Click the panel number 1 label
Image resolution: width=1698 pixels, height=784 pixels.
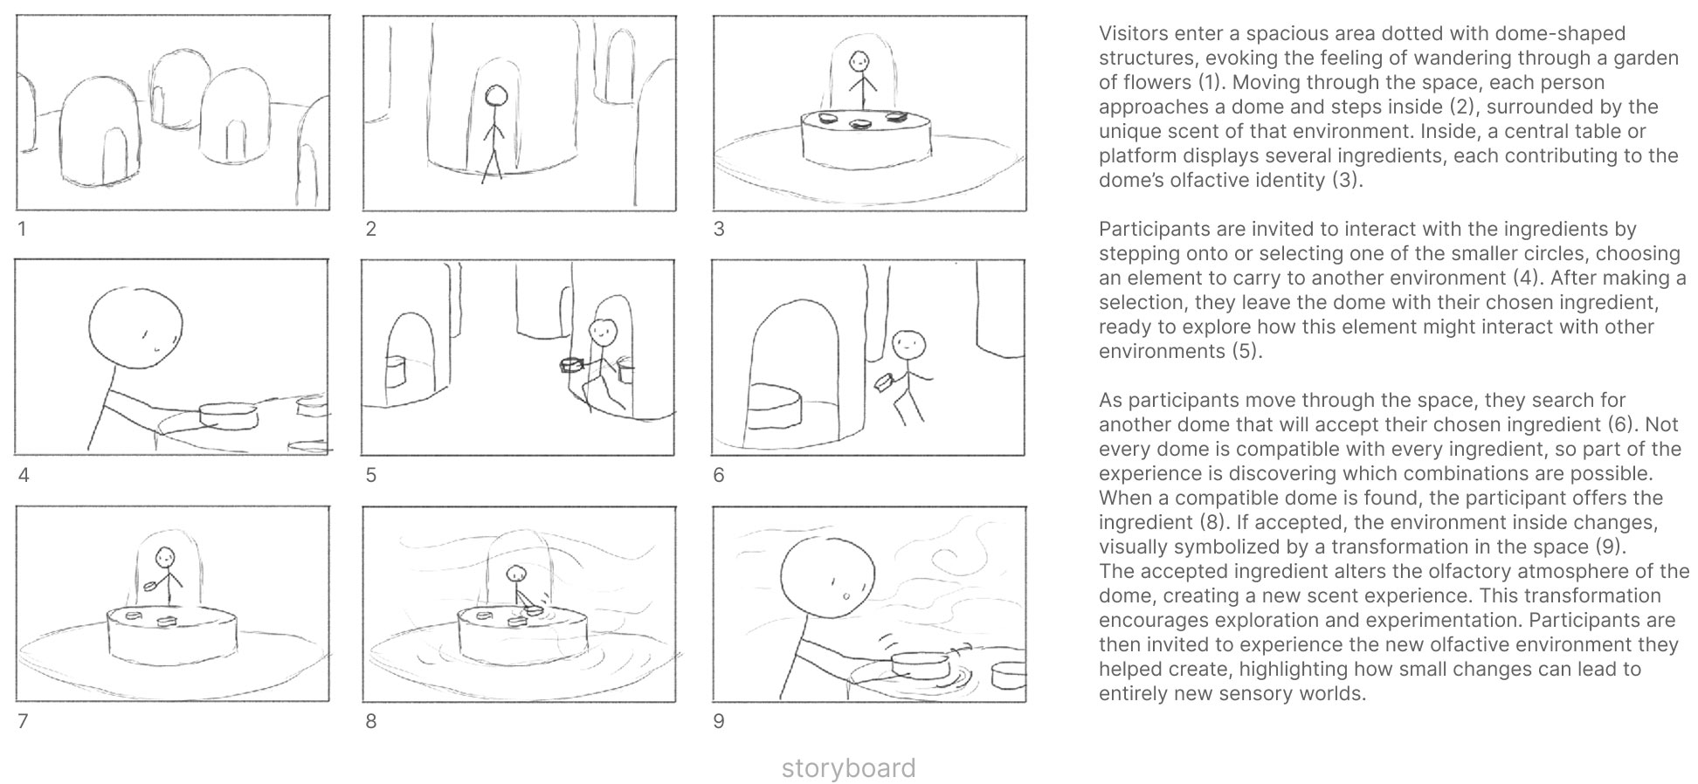(22, 230)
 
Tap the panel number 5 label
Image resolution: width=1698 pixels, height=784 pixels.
(370, 476)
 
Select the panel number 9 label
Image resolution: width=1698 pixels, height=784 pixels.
(718, 722)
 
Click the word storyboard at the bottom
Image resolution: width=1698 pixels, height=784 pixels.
(848, 768)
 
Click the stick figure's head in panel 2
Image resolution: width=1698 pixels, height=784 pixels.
(496, 95)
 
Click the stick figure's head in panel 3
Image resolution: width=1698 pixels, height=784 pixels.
(860, 61)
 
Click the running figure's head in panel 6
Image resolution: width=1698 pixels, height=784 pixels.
(908, 343)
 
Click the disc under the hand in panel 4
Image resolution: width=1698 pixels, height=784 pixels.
(228, 416)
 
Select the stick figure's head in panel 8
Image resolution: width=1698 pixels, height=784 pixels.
(517, 574)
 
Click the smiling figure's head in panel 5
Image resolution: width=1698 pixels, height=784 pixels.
(602, 332)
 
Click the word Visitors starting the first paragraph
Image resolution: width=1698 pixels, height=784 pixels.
(1133, 34)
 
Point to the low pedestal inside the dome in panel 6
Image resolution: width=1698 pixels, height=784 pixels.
(774, 408)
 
